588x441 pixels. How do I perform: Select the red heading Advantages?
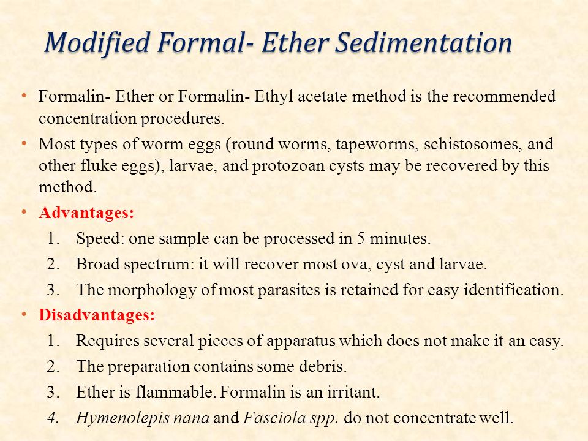(x=86, y=214)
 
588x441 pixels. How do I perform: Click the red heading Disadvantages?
(x=97, y=316)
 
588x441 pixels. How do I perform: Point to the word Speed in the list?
(x=99, y=239)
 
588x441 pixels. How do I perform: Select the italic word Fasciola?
(x=269, y=419)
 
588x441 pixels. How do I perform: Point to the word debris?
(x=324, y=367)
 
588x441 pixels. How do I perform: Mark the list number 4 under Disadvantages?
(x=52, y=419)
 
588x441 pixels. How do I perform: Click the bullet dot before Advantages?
(x=24, y=213)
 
